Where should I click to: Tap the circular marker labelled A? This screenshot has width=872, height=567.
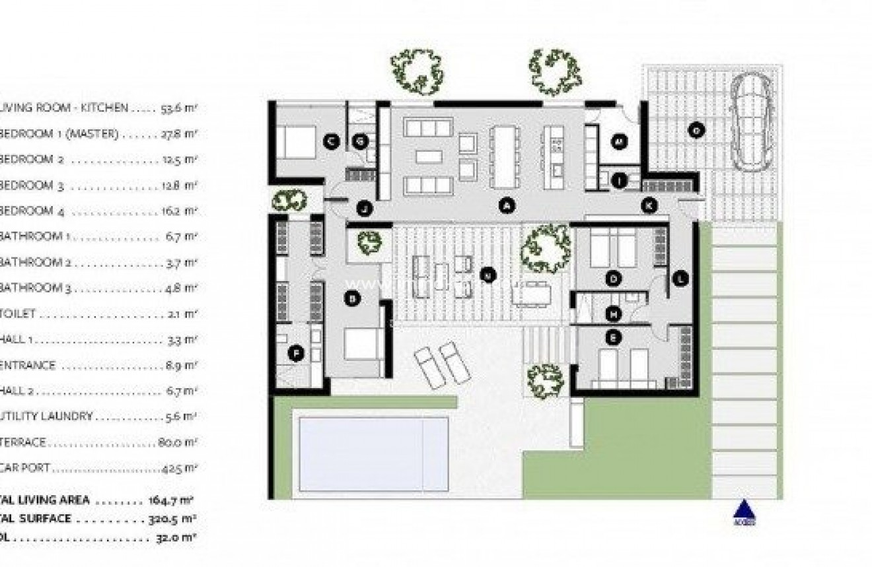click(x=507, y=206)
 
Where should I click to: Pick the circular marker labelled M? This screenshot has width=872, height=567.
click(x=619, y=141)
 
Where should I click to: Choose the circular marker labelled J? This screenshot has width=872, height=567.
click(x=363, y=209)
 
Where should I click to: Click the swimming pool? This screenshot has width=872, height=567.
click(x=373, y=453)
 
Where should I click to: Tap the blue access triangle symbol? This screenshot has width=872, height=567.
click(x=745, y=511)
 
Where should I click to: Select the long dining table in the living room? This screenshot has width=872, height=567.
click(x=503, y=156)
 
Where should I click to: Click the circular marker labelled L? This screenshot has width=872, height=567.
click(x=680, y=279)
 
